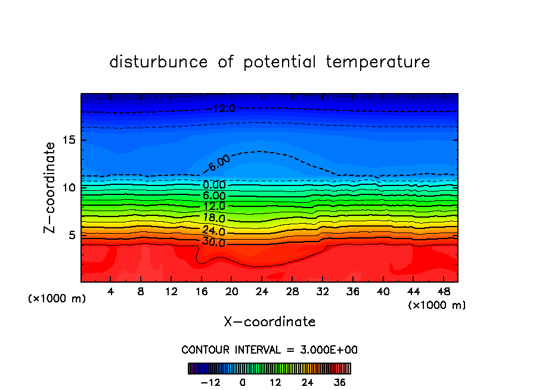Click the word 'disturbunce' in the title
(159, 62)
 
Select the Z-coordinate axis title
(50, 187)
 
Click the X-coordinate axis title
(269, 322)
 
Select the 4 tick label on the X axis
(111, 292)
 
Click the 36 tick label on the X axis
(352, 292)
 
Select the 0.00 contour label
(214, 185)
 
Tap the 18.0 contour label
(214, 218)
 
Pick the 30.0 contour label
(214, 242)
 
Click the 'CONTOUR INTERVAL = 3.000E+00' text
(269, 349)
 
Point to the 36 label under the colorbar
(340, 382)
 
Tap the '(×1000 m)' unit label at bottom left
(57, 299)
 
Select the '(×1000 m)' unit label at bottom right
(437, 305)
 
